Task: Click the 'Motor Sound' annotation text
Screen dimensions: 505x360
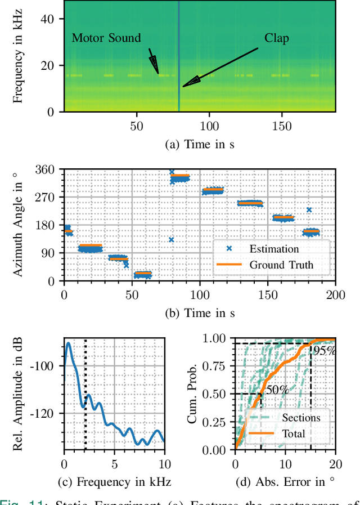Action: (106, 38)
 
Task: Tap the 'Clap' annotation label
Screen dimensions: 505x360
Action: (277, 38)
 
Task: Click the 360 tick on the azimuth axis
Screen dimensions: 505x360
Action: (48, 169)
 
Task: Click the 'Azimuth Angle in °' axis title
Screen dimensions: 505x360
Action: (18, 225)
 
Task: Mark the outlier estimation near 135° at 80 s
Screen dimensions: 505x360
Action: (171, 239)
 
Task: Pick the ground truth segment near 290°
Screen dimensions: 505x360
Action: (213, 190)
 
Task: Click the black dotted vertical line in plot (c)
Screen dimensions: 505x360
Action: (85, 394)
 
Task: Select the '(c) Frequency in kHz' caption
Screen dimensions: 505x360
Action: (114, 482)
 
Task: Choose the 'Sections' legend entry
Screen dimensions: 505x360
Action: (301, 417)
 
